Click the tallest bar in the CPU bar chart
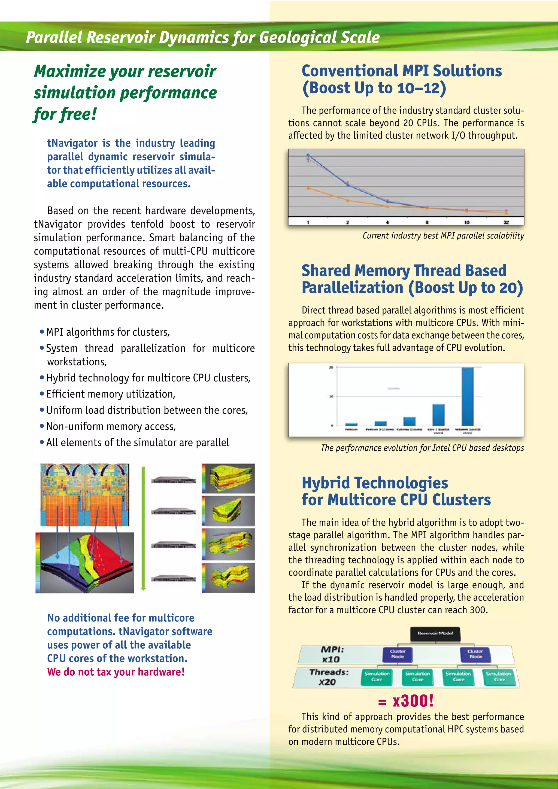click(x=467, y=396)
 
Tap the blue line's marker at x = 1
click(x=308, y=155)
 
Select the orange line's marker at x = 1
click(x=308, y=188)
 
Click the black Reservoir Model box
click(x=435, y=634)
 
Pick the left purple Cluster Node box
click(x=398, y=654)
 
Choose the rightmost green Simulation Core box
click(x=499, y=677)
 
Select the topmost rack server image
click(x=174, y=480)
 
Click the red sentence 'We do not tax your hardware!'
click(x=116, y=672)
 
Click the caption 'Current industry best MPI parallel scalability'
click(x=443, y=236)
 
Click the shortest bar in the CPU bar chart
click(x=351, y=424)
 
